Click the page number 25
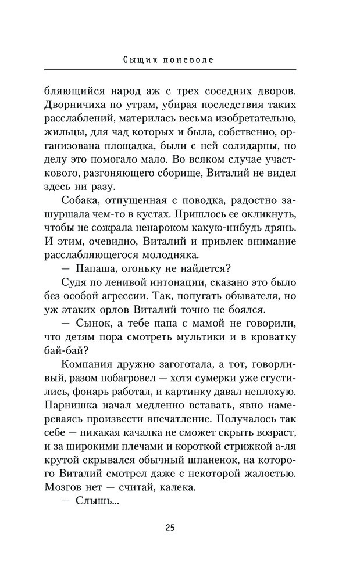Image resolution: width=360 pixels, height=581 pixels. point(170,528)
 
